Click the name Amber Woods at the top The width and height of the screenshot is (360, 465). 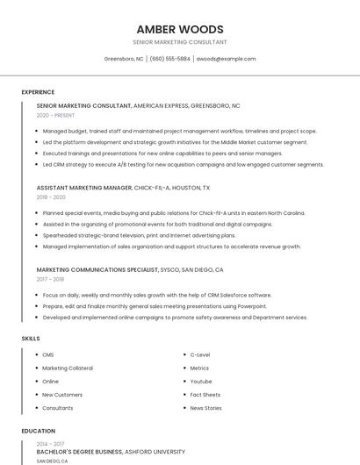tap(180, 29)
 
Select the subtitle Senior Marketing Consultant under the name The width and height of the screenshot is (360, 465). tap(180, 42)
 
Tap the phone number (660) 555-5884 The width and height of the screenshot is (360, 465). tap(169, 59)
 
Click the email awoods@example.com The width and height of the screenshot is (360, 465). tap(226, 59)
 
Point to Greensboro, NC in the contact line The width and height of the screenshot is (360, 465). tap(124, 59)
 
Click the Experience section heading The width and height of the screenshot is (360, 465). tap(38, 92)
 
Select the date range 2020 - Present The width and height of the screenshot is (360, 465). tap(55, 115)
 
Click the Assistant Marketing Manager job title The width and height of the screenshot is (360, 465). tap(83, 188)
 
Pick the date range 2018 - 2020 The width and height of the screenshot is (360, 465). tap(51, 197)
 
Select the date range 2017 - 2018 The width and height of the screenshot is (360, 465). tap(50, 280)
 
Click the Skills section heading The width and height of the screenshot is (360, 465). tap(30, 338)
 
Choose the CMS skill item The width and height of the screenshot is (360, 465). tap(48, 354)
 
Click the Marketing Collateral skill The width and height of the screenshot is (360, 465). tap(68, 368)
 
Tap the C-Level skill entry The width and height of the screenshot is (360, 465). tap(200, 354)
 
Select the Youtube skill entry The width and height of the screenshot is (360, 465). tap(201, 382)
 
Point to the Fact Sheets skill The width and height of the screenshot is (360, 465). tap(205, 395)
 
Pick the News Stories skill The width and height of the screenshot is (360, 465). tap(205, 408)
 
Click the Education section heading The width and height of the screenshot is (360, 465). tap(38, 431)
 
